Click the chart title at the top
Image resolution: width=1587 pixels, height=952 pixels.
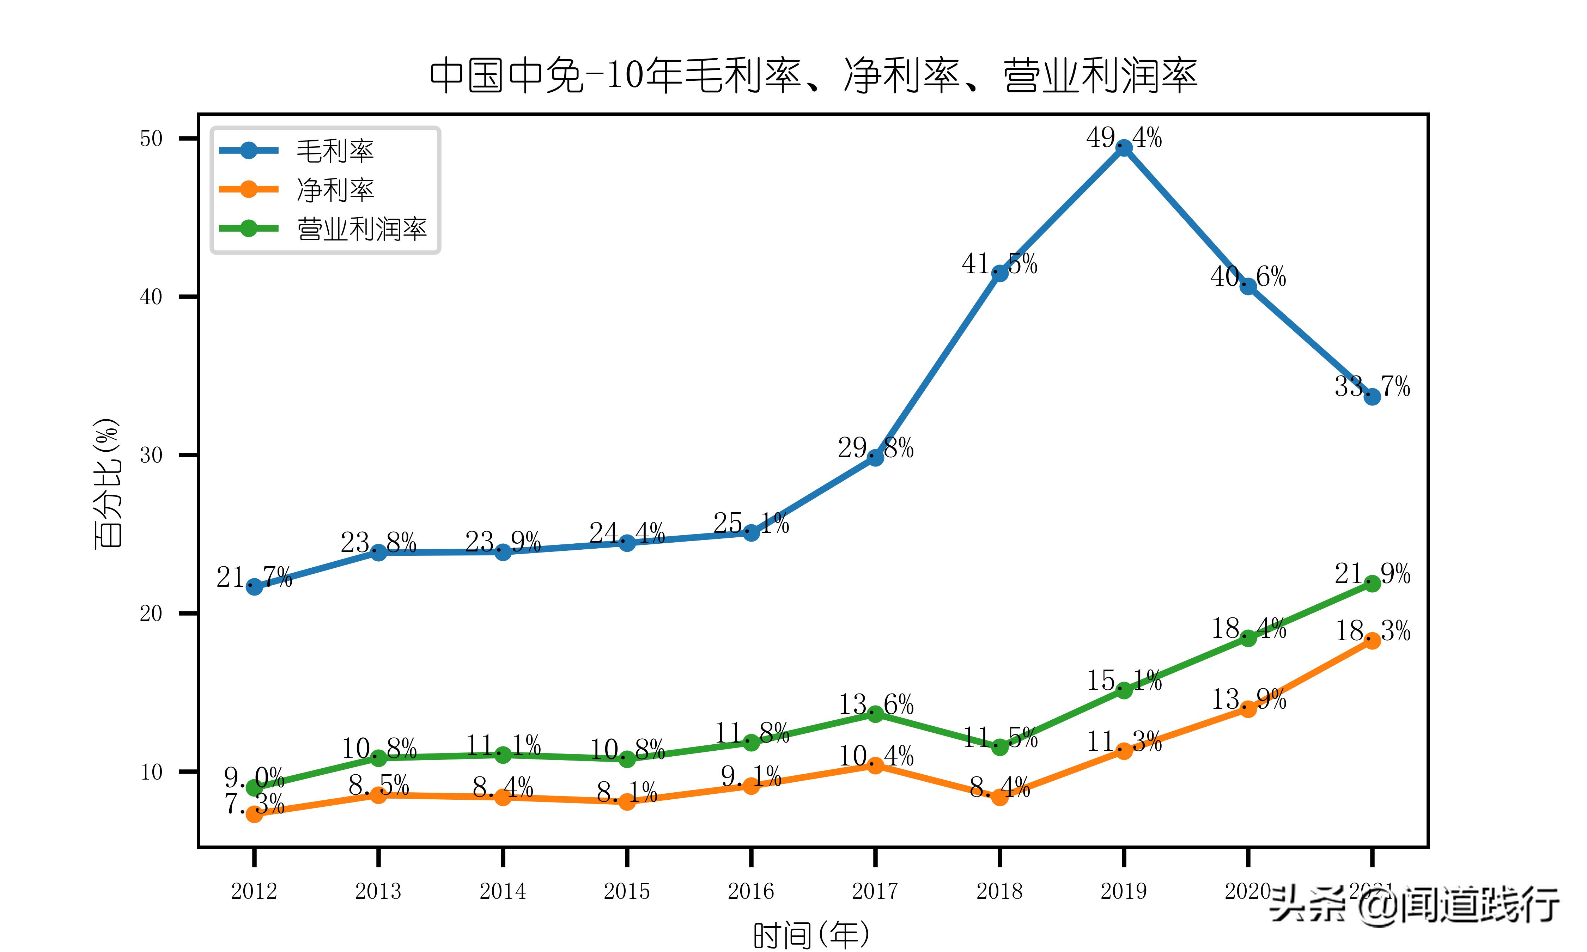[x=813, y=75]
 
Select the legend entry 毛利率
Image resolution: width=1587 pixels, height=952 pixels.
[x=334, y=151]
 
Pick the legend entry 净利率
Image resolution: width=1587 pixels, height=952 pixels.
[x=334, y=190]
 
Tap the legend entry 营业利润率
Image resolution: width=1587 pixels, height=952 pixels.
[x=361, y=229]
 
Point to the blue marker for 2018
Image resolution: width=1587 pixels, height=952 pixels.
[x=999, y=273]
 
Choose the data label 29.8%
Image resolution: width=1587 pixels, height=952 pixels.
[x=876, y=448]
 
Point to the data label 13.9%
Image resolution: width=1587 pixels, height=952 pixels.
[x=1248, y=698]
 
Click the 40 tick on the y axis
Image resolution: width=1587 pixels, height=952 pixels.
[x=151, y=297]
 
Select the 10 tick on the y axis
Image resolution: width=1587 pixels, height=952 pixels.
[x=151, y=772]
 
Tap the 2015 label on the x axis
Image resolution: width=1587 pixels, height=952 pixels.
[x=627, y=891]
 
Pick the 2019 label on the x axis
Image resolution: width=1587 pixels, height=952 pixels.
[x=1124, y=891]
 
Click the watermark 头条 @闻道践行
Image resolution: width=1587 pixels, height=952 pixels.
[x=1415, y=904]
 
